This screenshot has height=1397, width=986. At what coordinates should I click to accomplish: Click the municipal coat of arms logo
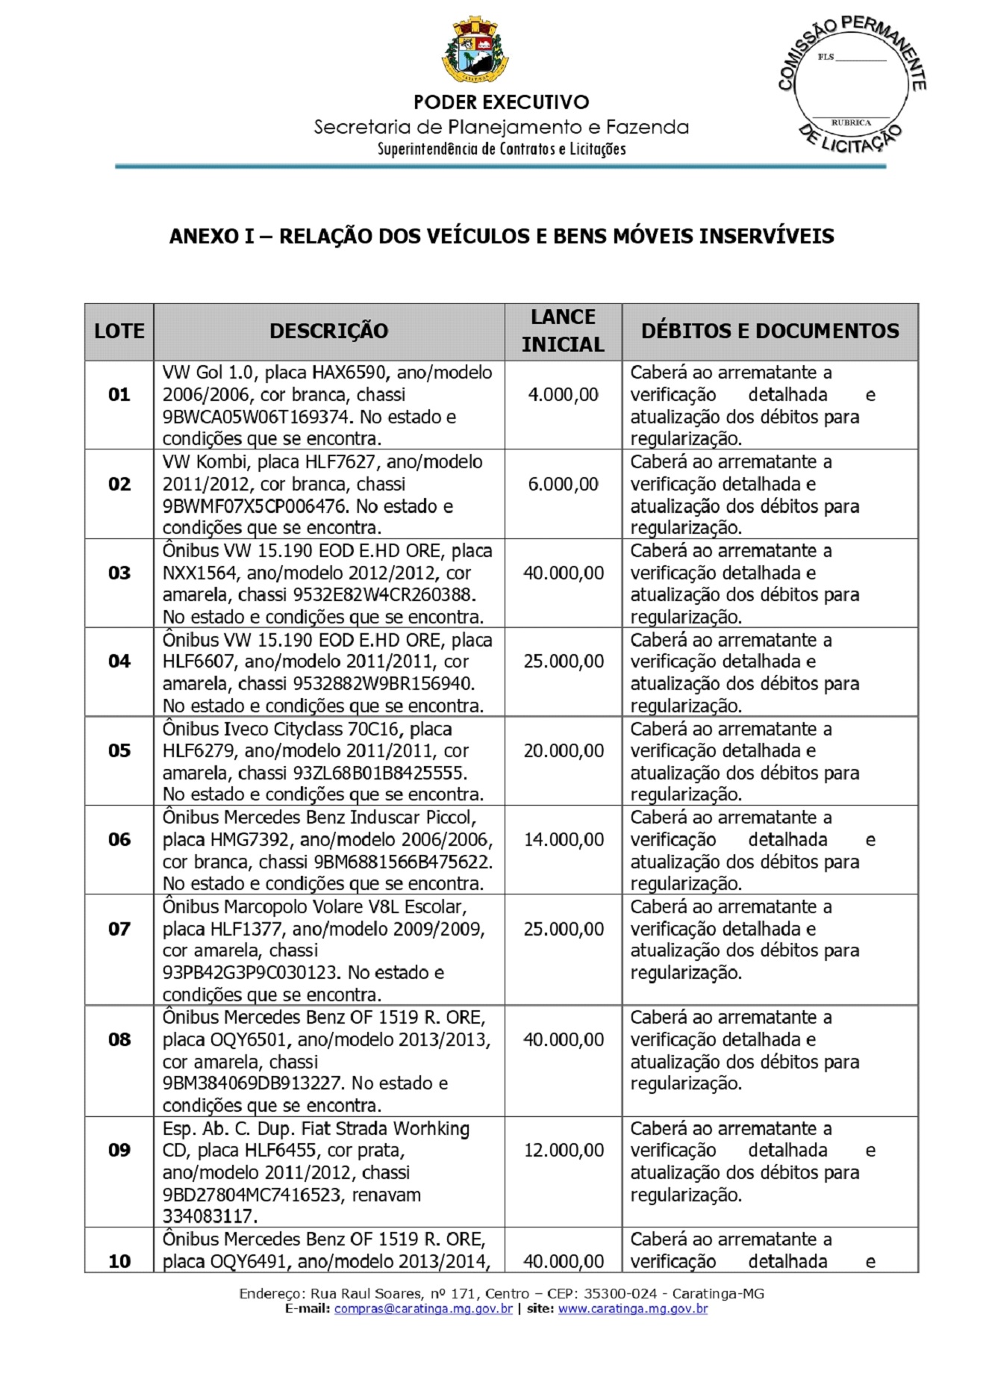point(475,51)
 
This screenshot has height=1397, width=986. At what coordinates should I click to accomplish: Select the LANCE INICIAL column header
point(563,331)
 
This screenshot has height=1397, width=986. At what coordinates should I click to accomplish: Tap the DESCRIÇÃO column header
point(328,331)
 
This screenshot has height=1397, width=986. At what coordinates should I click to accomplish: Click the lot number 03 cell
point(119,573)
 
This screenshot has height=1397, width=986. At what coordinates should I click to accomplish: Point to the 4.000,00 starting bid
point(563,394)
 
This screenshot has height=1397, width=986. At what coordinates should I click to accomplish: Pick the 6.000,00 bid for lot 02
point(563,484)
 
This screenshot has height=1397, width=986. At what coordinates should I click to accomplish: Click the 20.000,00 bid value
point(564,750)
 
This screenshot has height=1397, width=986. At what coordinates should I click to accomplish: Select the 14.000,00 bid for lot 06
point(564,839)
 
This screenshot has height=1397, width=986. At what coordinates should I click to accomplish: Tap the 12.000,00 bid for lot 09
point(564,1150)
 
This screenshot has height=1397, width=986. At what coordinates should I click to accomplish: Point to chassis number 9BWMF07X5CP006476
point(255,506)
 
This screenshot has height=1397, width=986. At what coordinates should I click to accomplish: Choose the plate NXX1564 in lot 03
point(197,573)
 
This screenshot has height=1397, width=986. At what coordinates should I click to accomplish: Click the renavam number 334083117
point(210,1216)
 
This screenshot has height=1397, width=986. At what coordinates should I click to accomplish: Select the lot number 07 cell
point(119,929)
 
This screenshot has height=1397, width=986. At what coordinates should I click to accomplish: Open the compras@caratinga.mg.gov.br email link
point(423,1308)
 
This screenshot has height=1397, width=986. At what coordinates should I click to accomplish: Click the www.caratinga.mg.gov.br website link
point(632,1308)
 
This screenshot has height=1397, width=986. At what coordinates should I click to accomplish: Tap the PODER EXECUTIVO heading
point(501,102)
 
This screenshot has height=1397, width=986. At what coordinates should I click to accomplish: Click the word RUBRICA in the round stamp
point(851,122)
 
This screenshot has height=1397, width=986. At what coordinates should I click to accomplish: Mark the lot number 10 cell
point(119,1261)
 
